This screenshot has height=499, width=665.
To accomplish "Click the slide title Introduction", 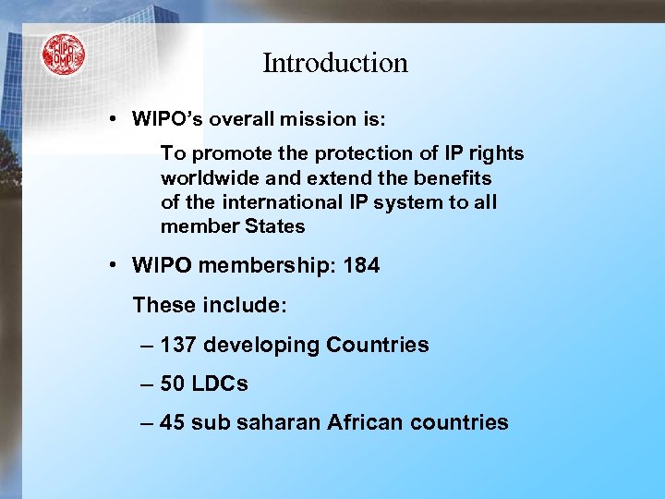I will point(334,63).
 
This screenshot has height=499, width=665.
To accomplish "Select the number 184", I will point(360,266).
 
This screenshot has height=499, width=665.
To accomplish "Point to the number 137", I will point(178,346).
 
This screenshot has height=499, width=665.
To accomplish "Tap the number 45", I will point(172,423).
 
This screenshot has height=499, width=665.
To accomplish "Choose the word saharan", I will point(278,423).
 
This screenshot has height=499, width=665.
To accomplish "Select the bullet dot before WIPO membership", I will point(111,266).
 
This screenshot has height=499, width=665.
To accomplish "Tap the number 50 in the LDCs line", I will point(172,384).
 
